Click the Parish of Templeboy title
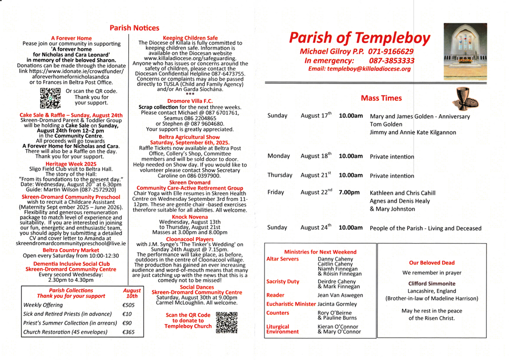click(359, 38)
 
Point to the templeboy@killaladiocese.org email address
click(359, 69)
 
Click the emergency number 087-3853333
click(392, 60)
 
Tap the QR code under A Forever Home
click(50, 98)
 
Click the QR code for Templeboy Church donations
click(227, 322)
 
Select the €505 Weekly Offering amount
click(128, 305)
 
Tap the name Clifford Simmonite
click(431, 283)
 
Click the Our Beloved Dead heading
click(431, 263)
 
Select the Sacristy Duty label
click(283, 281)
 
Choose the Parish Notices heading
click(134, 28)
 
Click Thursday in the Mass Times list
click(280, 175)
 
